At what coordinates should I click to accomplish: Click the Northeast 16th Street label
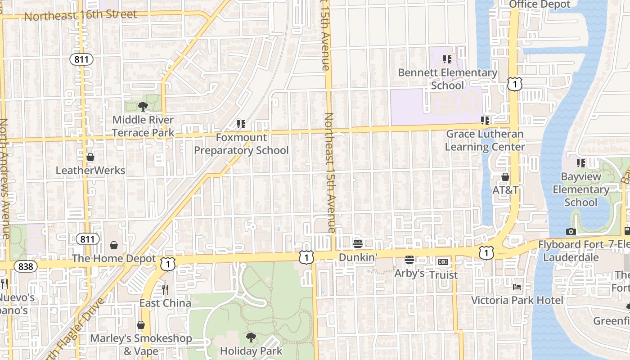click(x=80, y=15)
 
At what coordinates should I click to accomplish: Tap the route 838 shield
click(x=26, y=266)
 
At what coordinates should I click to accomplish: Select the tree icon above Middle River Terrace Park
click(x=143, y=107)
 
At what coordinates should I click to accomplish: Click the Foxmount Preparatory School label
click(x=241, y=144)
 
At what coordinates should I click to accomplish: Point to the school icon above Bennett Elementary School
click(x=447, y=59)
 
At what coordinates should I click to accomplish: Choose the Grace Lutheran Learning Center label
click(x=485, y=140)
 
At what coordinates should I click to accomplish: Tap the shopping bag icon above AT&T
click(x=505, y=177)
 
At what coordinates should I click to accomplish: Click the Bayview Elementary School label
click(x=580, y=189)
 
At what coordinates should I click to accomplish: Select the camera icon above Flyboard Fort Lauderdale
click(x=571, y=232)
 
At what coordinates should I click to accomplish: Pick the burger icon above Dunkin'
click(x=358, y=244)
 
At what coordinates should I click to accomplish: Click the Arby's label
click(x=409, y=273)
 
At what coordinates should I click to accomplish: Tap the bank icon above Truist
click(x=443, y=262)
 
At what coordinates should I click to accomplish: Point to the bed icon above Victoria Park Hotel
click(x=517, y=287)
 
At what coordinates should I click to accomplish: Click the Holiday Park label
click(x=251, y=351)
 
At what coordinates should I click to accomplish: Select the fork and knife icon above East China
click(x=165, y=290)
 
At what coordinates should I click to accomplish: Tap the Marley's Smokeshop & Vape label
click(x=141, y=344)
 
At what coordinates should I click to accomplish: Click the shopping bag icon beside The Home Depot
click(x=114, y=245)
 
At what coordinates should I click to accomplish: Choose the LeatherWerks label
click(x=90, y=171)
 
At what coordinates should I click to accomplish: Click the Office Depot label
click(x=540, y=4)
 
